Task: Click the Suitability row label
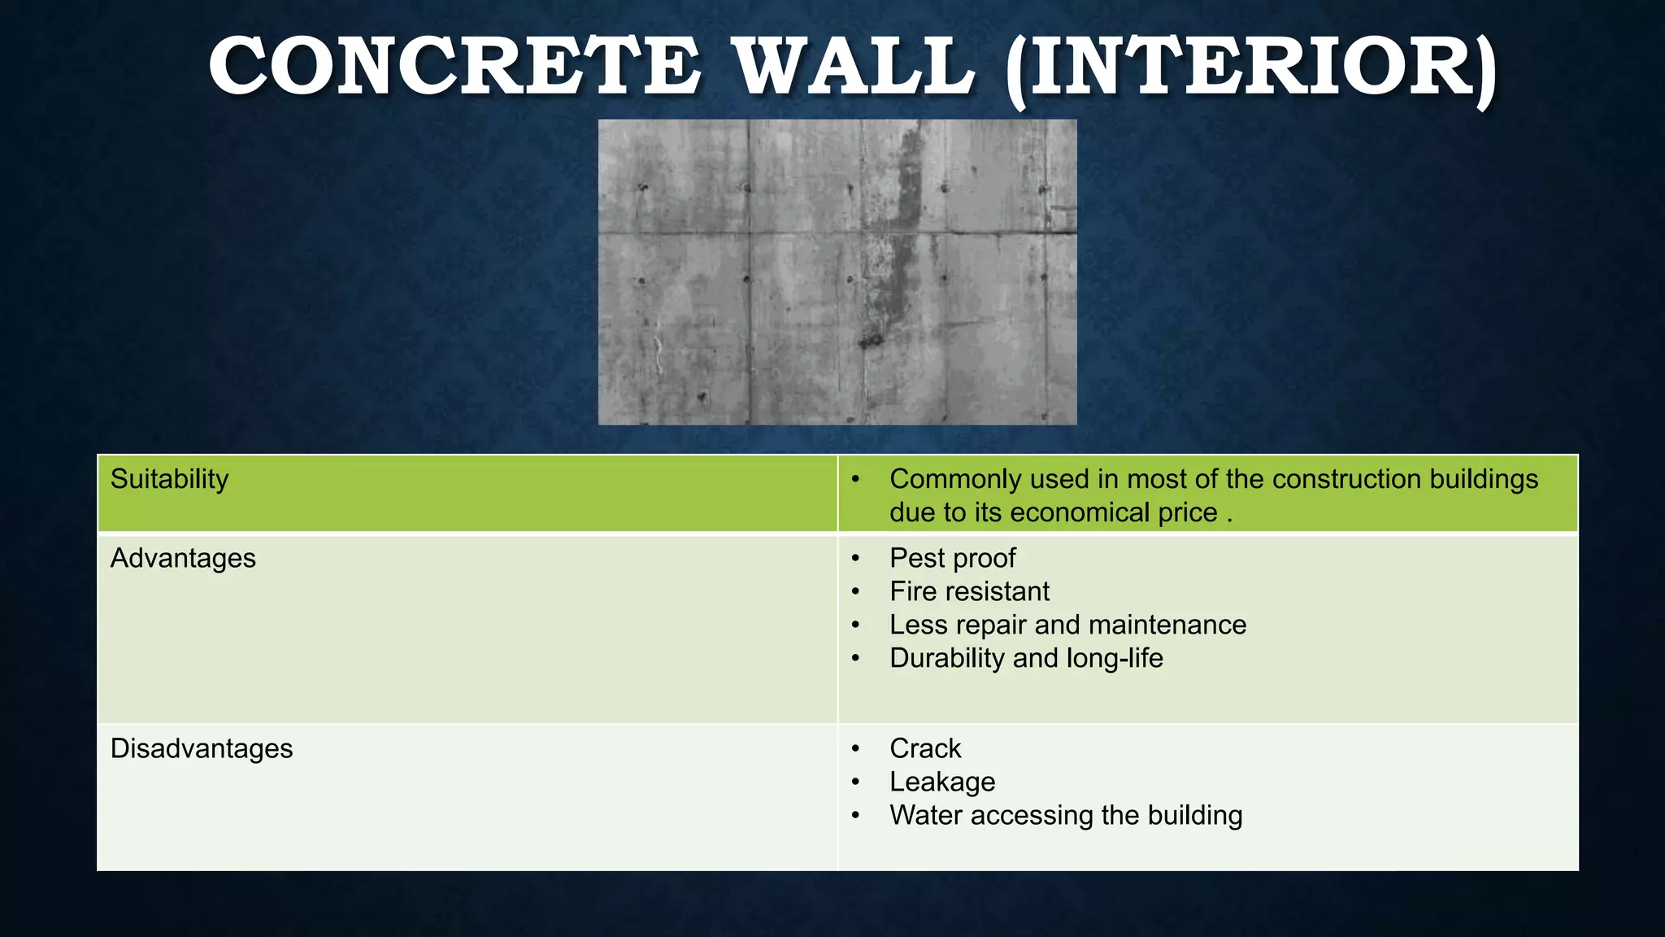(x=169, y=478)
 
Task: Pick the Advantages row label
(x=183, y=558)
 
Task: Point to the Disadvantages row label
(x=202, y=748)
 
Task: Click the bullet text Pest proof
(x=952, y=558)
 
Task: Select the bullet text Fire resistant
(x=969, y=591)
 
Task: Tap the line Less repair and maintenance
(x=1067, y=625)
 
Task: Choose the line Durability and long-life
(x=1026, y=658)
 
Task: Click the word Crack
(x=925, y=748)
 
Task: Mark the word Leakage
(x=942, y=782)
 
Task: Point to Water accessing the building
(x=1066, y=815)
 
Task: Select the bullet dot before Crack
(x=855, y=749)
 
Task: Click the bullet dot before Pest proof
(x=855, y=559)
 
